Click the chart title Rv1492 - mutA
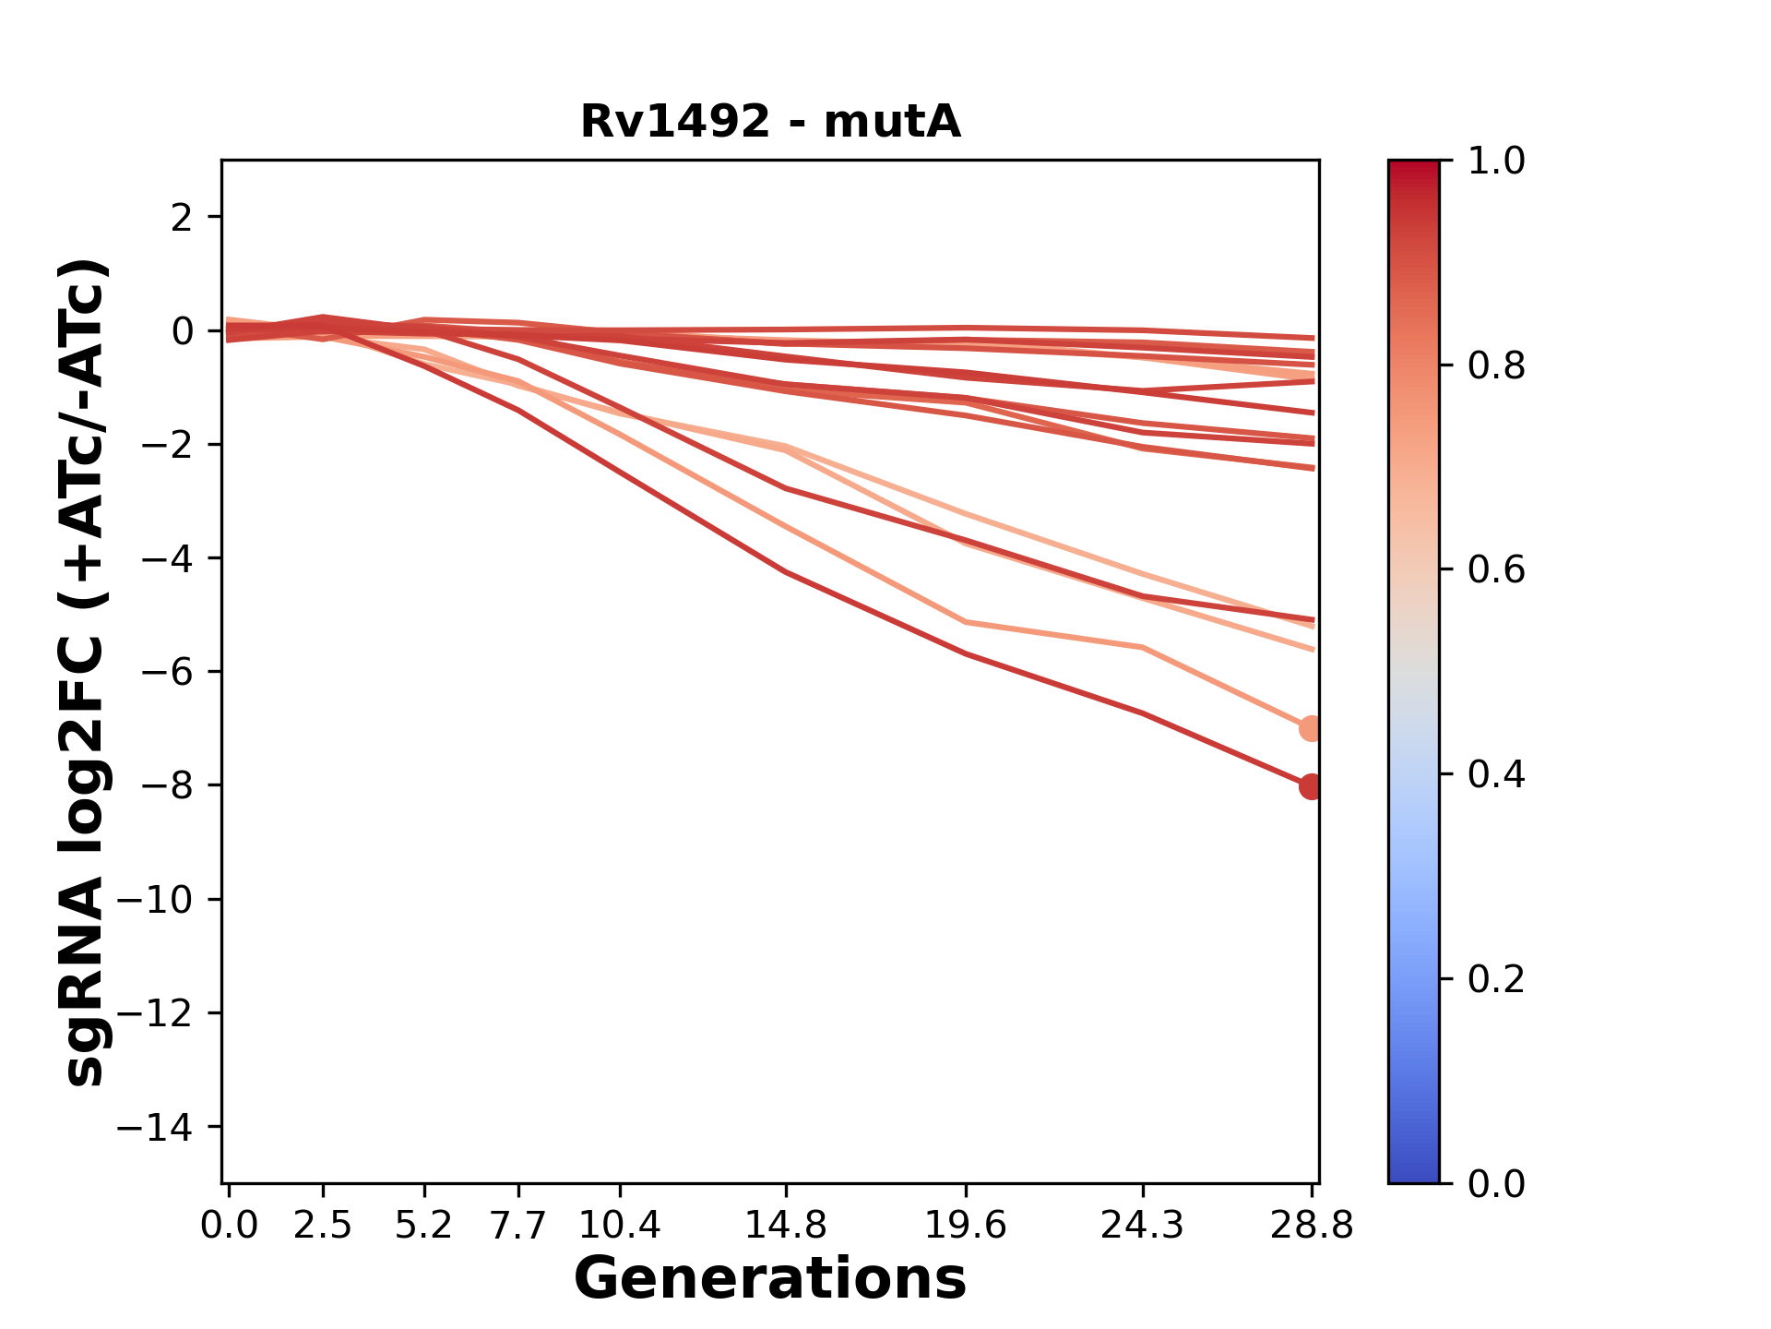pyautogui.click(x=770, y=122)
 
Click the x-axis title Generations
pyautogui.click(x=770, y=1279)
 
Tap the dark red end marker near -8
pyautogui.click(x=1311, y=786)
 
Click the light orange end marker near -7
pyautogui.click(x=1311, y=728)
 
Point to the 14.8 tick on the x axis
pyautogui.click(x=786, y=1226)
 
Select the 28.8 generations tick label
pyautogui.click(x=1312, y=1226)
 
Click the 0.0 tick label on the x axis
pyautogui.click(x=230, y=1226)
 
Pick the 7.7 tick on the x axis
pyautogui.click(x=519, y=1226)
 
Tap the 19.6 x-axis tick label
pyautogui.click(x=966, y=1226)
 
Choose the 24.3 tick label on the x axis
pyautogui.click(x=1143, y=1226)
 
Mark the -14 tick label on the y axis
pyautogui.click(x=154, y=1127)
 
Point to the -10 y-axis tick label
pyautogui.click(x=154, y=900)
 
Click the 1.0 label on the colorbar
pyautogui.click(x=1496, y=162)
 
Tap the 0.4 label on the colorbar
pyautogui.click(x=1496, y=774)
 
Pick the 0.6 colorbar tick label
pyautogui.click(x=1496, y=569)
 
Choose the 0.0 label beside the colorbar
pyautogui.click(x=1496, y=1183)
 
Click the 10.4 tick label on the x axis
pyautogui.click(x=620, y=1226)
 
